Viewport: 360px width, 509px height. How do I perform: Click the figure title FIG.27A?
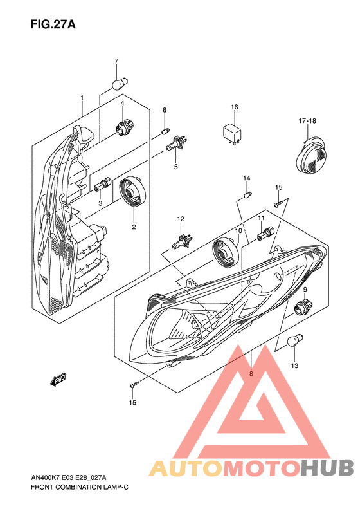pos(53,24)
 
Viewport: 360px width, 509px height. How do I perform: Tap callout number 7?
pos(116,61)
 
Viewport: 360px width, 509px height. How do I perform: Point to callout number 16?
pos(235,107)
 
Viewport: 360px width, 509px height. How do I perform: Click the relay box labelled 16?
pos(234,133)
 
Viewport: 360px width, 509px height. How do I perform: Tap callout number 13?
pos(294,366)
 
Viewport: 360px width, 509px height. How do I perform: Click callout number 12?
pos(181,219)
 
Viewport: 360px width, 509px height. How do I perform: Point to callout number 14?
pos(246,178)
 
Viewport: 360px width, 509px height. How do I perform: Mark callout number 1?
pos(82,98)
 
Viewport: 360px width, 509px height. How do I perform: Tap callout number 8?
pos(251,373)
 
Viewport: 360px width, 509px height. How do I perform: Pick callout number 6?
pos(165,110)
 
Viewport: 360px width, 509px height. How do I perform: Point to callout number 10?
pos(238,230)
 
